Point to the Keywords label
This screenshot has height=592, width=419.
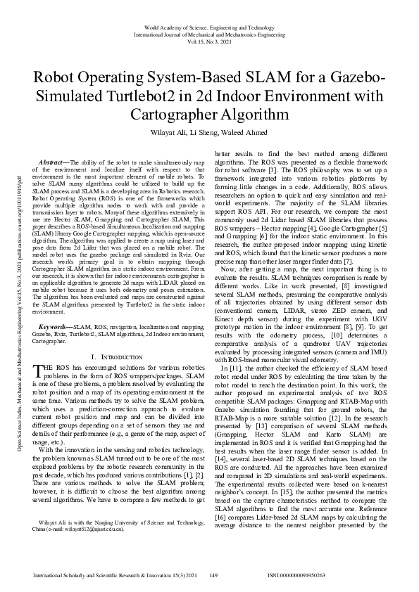(56, 328)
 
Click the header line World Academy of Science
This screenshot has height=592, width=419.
(209, 27)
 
